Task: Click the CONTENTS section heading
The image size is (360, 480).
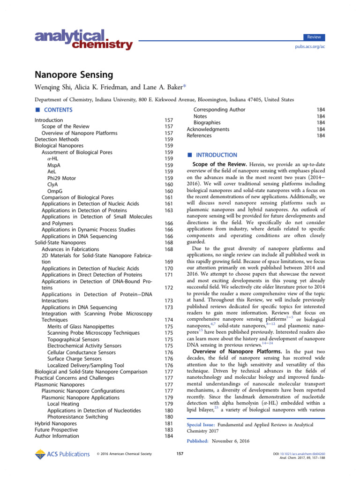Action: coord(58,110)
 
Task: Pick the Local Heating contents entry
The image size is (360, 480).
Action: coord(63,404)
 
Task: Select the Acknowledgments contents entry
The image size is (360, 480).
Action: coord(208,129)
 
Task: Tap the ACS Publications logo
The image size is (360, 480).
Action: coord(62,454)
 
